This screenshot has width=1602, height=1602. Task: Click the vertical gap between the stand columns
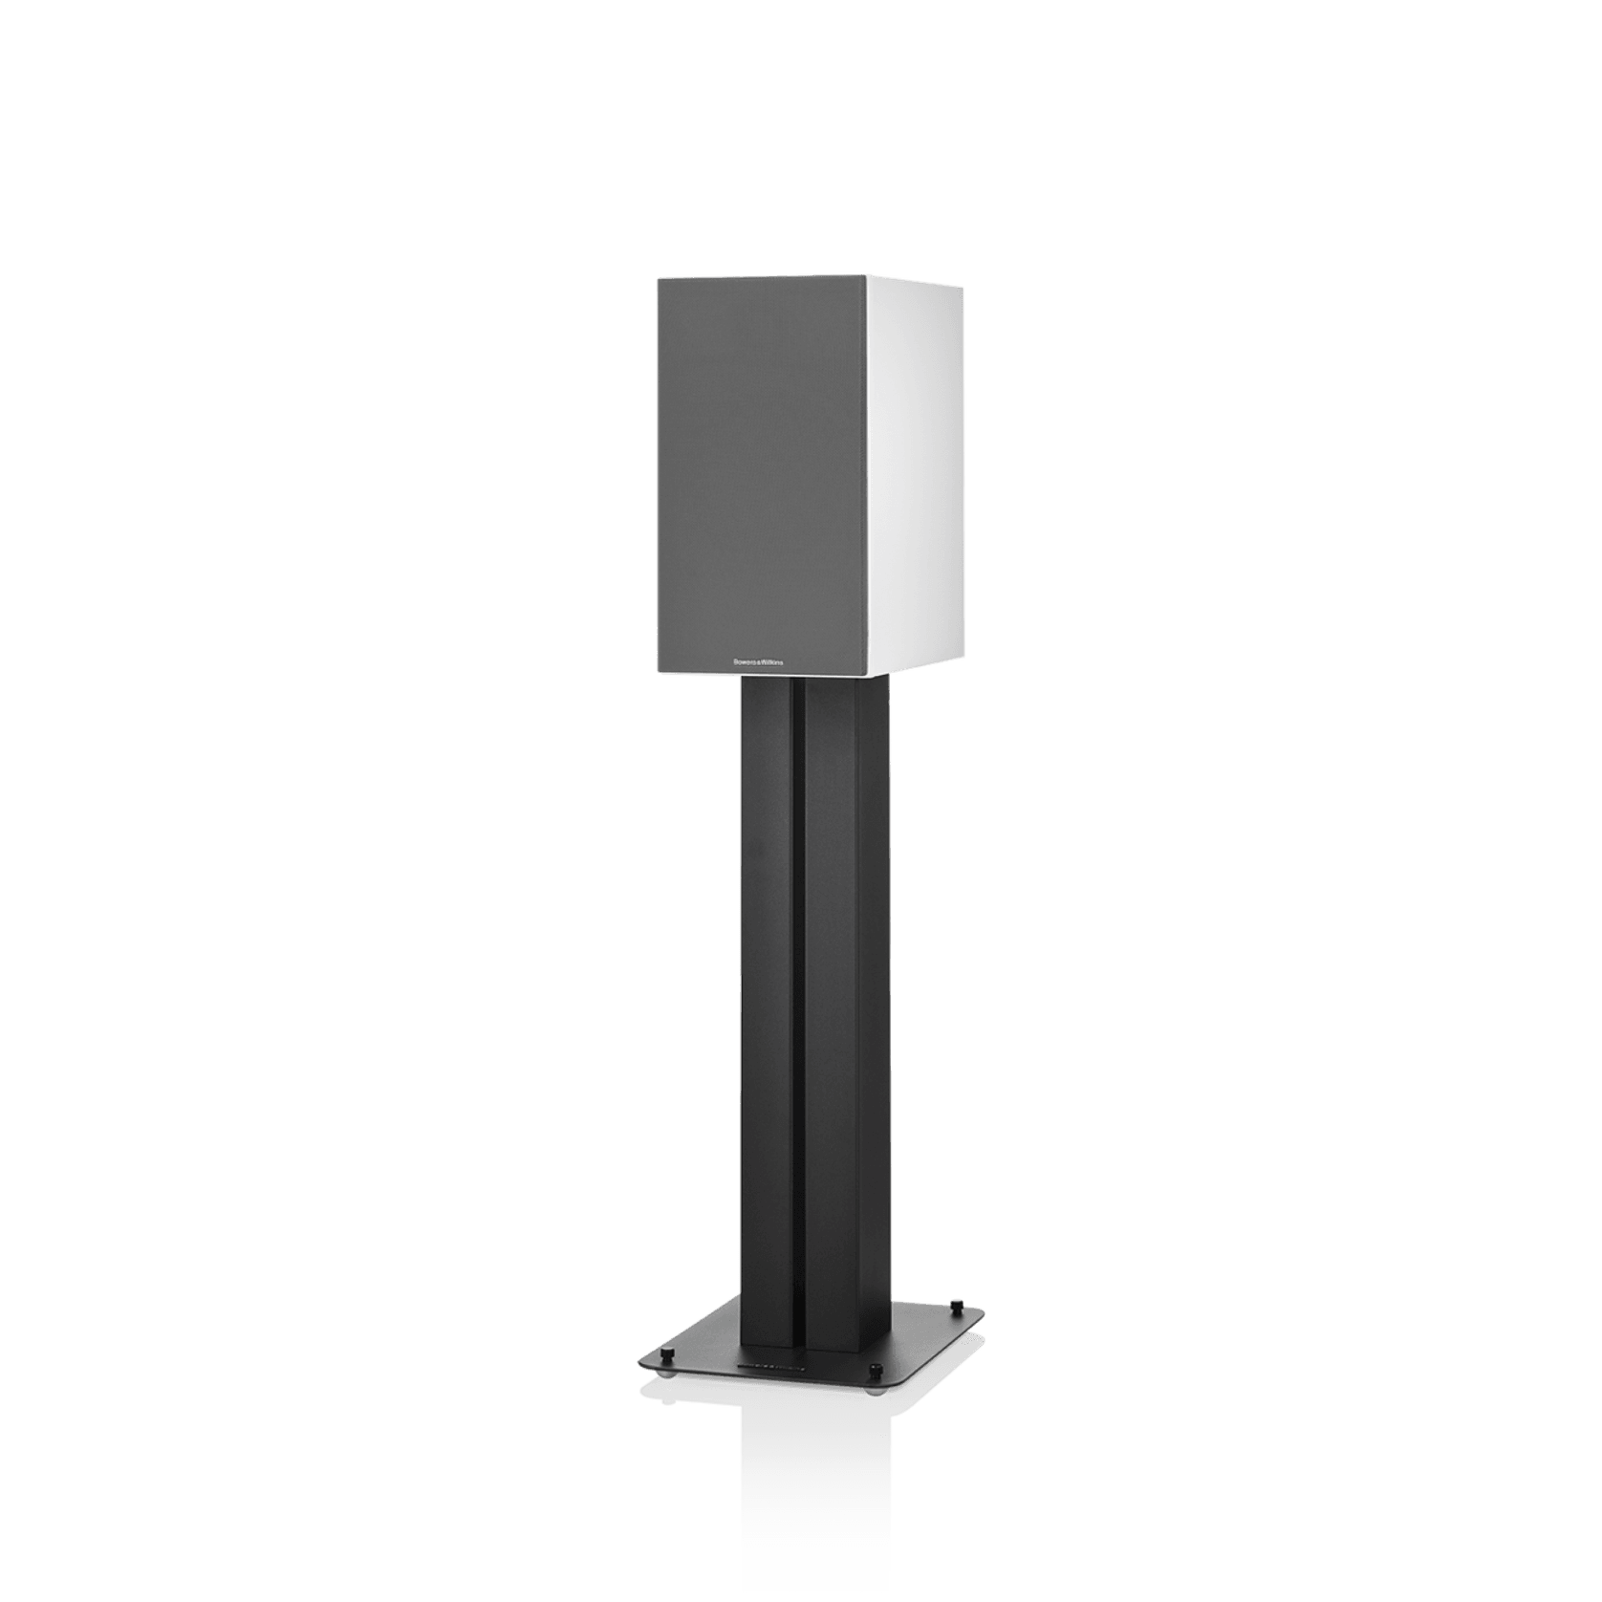pos(797,1004)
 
